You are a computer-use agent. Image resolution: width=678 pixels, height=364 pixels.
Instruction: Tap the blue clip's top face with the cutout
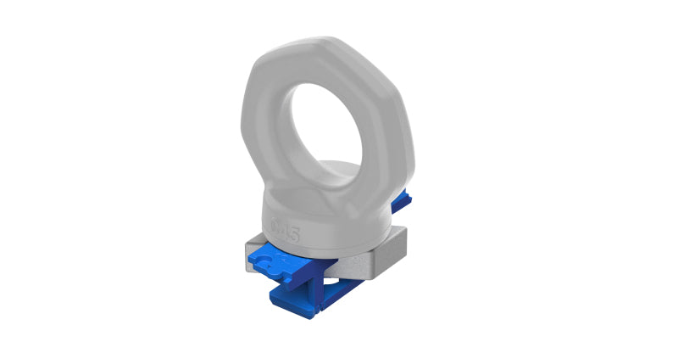click(280, 260)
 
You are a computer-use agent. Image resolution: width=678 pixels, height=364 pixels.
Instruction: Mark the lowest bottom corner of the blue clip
click(308, 316)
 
